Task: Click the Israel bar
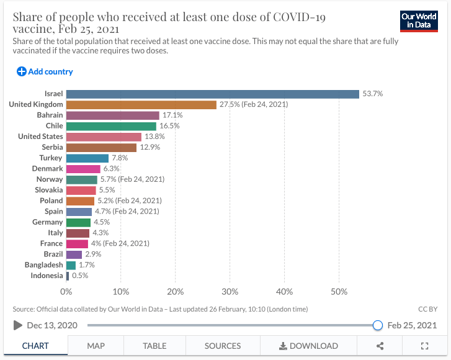click(212, 94)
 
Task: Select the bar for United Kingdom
click(141, 104)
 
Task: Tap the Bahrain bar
click(112, 115)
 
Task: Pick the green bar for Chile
click(111, 126)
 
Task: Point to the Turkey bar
click(87, 158)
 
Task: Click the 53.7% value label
click(373, 94)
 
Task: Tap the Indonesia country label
click(47, 276)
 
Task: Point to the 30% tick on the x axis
click(230, 290)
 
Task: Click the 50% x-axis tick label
click(339, 290)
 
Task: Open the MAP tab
click(96, 346)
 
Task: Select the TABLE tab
click(154, 346)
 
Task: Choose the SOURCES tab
click(222, 346)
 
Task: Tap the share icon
click(380, 346)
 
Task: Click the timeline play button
click(17, 325)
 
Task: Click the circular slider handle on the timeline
click(377, 325)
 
